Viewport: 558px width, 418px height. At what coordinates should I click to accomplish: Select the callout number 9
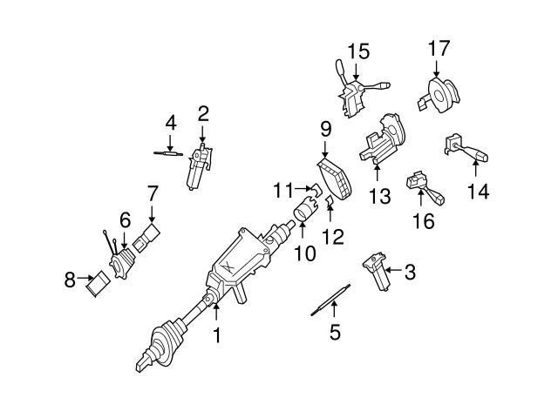[325, 130]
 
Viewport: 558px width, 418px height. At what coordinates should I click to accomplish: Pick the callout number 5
[334, 331]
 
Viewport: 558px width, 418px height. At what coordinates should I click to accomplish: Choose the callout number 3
[410, 273]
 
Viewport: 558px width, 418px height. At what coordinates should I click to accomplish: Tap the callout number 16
[422, 221]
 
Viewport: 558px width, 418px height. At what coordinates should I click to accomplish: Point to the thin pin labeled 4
[166, 153]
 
